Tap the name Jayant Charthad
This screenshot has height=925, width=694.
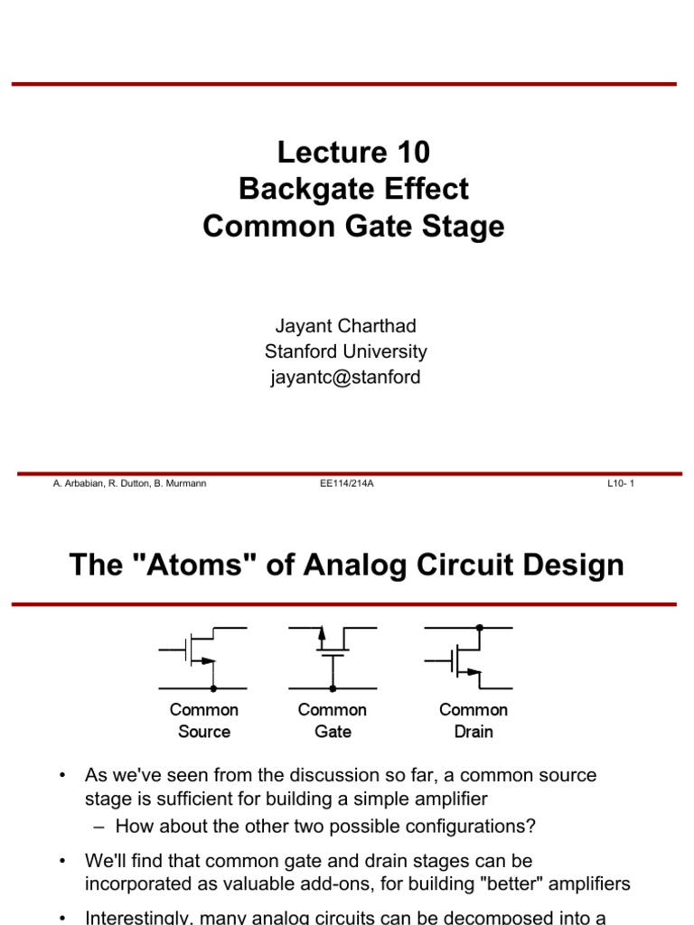pos(346,326)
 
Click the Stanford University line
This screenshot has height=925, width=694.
pos(346,351)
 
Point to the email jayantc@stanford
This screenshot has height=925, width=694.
pos(346,378)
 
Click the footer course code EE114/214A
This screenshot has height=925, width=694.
pos(347,484)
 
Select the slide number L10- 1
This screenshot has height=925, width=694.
pos(621,484)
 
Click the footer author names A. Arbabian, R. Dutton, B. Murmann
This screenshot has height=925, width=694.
pos(130,484)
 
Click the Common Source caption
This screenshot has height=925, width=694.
pos(204,721)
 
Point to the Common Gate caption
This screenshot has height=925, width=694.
pos(333,721)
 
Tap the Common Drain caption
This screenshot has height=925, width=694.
pos(474,721)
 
